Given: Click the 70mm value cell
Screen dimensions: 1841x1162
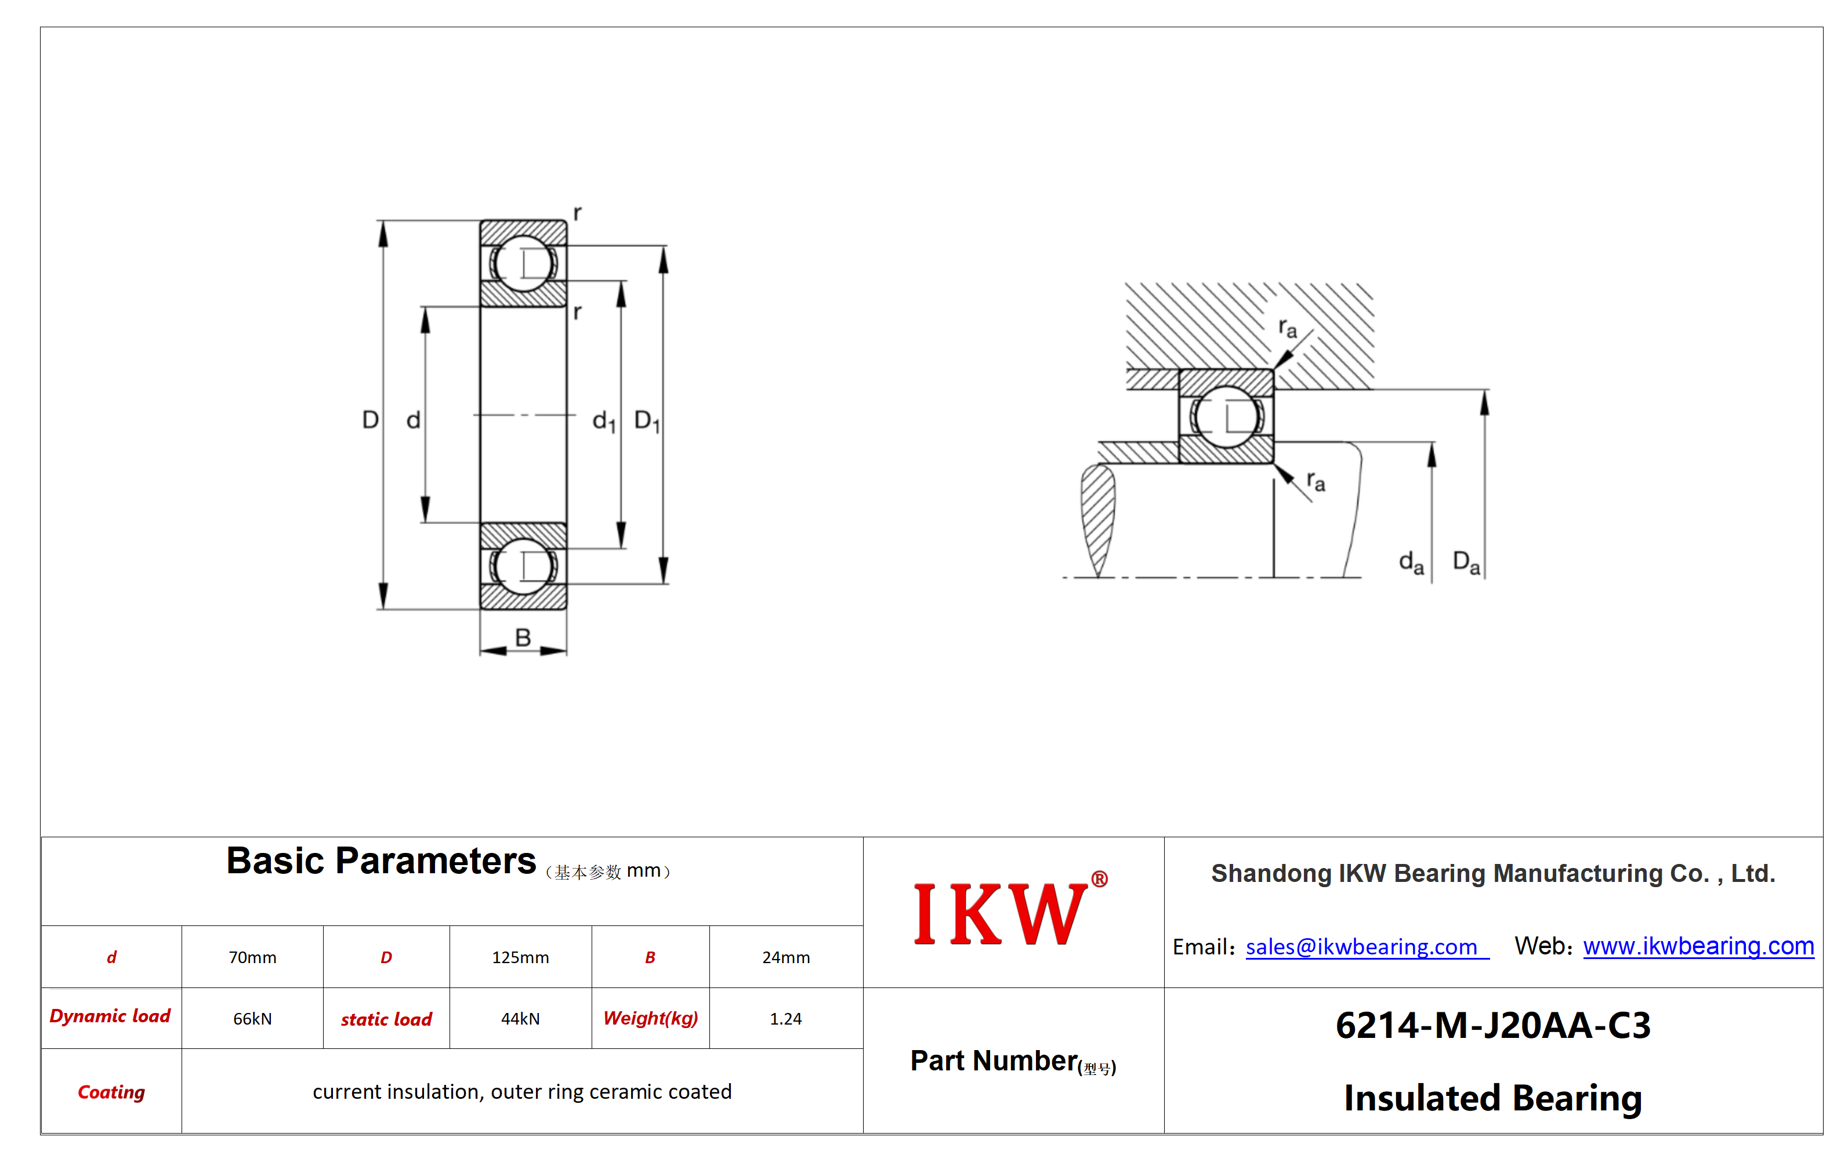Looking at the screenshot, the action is click(252, 957).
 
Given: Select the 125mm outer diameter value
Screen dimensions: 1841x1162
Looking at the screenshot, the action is click(521, 957).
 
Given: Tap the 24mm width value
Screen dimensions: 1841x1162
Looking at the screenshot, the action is click(786, 957).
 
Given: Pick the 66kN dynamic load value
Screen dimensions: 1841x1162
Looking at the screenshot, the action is click(252, 1019).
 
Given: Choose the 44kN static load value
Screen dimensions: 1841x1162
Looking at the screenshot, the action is click(521, 1019).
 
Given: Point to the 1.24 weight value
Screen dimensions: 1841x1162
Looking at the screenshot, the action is click(786, 1019).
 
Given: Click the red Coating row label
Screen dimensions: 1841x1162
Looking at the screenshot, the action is click(111, 1092).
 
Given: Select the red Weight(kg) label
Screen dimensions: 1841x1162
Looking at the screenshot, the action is click(651, 1018).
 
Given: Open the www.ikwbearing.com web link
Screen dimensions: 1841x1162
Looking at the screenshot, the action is click(1698, 946).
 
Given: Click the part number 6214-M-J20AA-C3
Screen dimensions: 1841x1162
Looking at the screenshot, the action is click(1493, 1025).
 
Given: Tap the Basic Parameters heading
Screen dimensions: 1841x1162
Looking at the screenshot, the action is click(380, 862).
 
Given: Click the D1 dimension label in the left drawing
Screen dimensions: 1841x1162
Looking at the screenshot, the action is click(647, 421).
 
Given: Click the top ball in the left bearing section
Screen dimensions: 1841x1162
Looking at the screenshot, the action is click(524, 263).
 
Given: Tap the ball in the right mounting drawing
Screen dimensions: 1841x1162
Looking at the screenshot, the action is click(1226, 417).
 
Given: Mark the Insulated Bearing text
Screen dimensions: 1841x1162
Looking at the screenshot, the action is click(1493, 1099).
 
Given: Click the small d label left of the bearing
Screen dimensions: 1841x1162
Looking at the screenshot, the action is click(414, 420).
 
